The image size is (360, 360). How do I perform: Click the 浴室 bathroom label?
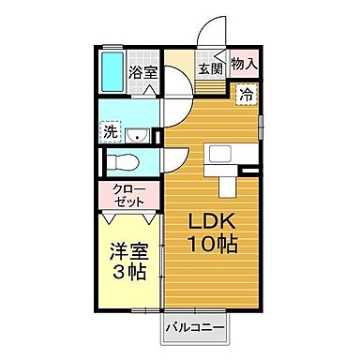click(x=142, y=70)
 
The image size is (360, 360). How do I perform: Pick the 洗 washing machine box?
click(x=110, y=131)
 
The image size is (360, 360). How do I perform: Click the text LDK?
click(x=210, y=222)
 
